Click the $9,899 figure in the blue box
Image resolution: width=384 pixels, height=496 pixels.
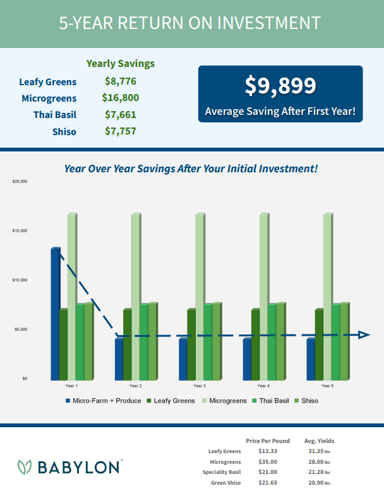click(280, 87)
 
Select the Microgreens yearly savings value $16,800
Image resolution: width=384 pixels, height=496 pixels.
click(120, 98)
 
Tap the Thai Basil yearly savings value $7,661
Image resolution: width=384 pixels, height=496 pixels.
click(120, 115)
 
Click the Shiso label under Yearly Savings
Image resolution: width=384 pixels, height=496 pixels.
click(65, 131)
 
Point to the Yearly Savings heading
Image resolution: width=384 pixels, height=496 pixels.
click(120, 63)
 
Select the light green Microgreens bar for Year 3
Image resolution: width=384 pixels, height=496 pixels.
click(199, 297)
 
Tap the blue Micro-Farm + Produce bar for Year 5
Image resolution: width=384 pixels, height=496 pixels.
click(310, 359)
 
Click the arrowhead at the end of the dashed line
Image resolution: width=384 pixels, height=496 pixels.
click(364, 334)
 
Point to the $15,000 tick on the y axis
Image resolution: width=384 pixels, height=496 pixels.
click(19, 231)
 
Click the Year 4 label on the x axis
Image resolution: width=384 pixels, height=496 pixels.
click(263, 386)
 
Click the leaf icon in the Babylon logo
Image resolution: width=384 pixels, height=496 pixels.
click(25, 467)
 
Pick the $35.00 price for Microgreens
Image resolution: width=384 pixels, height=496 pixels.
click(267, 461)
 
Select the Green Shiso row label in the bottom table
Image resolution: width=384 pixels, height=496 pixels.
click(225, 483)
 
